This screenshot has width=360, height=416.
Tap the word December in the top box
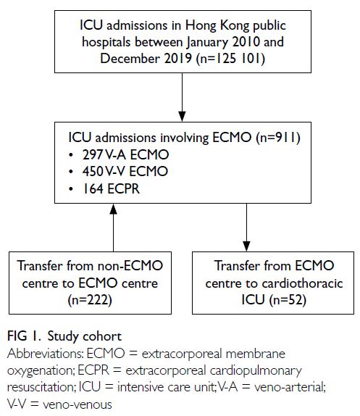tap(130, 59)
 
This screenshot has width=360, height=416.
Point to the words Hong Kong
tap(217, 26)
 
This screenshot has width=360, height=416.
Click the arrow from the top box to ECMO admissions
tap(182, 97)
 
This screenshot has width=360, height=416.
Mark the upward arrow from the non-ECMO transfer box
tap(114, 228)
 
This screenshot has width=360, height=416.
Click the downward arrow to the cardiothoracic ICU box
tap(246, 228)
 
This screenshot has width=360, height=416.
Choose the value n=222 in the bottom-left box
tap(90, 300)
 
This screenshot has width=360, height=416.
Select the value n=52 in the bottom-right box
tap(288, 300)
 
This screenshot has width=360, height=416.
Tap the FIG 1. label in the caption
tap(24, 336)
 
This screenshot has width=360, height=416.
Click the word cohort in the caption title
tap(102, 336)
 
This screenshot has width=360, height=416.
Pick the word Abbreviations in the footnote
tap(45, 354)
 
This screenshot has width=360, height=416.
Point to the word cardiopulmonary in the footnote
tap(256, 371)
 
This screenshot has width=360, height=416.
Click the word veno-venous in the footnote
tap(78, 405)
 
